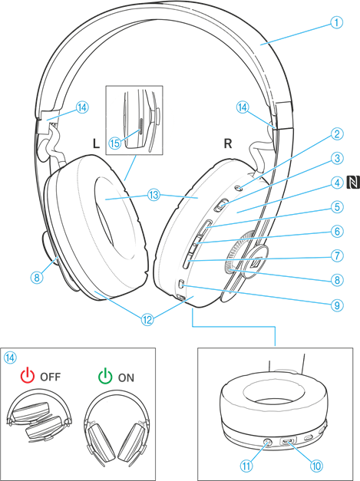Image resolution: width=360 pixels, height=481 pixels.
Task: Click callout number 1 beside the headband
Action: pyautogui.click(x=337, y=24)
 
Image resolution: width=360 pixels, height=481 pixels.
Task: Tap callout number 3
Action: pyautogui.click(x=337, y=159)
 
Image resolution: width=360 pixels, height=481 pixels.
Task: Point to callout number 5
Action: pyautogui.click(x=337, y=206)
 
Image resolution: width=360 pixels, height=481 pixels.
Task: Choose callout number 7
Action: pyautogui.click(x=337, y=255)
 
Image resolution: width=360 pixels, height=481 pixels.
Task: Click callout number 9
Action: pyautogui.click(x=337, y=305)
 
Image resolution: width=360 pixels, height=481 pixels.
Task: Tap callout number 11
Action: pyautogui.click(x=246, y=466)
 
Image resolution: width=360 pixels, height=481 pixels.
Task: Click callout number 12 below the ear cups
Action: pyautogui.click(x=148, y=319)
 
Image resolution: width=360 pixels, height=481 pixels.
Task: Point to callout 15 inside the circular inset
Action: pyautogui.click(x=116, y=142)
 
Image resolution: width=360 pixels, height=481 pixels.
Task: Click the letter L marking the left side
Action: pyautogui.click(x=95, y=143)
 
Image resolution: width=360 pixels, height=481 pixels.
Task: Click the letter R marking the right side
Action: pyautogui.click(x=227, y=143)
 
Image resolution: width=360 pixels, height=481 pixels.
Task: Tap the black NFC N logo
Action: pyautogui.click(x=352, y=182)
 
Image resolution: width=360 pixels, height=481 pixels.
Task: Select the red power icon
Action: pyautogui.click(x=28, y=376)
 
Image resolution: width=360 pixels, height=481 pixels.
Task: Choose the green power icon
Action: pyautogui.click(x=105, y=376)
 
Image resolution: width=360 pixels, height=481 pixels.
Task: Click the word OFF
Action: pyautogui.click(x=51, y=377)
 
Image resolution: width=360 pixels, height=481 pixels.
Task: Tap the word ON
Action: pyautogui.click(x=126, y=377)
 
